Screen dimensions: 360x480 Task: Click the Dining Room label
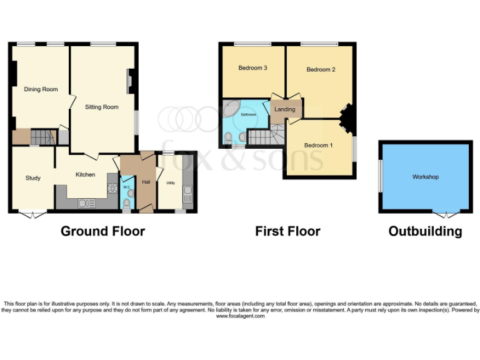[x=41, y=89]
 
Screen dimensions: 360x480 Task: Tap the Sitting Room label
[x=102, y=107]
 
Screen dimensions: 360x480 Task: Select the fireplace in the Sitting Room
[x=130, y=81]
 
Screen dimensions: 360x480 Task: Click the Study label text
[x=33, y=178]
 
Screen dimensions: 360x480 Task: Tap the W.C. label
[x=126, y=187]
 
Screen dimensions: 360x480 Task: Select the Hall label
[x=146, y=182]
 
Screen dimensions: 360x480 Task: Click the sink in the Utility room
[x=187, y=199]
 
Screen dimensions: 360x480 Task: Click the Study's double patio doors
[x=32, y=214]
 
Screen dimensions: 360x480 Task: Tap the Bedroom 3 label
[x=253, y=67]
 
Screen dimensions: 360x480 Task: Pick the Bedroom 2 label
[x=321, y=70]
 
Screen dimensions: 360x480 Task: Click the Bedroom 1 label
[x=318, y=146]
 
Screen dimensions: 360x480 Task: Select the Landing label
[x=284, y=109]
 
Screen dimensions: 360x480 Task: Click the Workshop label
[x=425, y=177]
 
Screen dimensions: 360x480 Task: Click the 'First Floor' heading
[x=287, y=231]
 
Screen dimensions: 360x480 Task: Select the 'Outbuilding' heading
[x=425, y=231]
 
